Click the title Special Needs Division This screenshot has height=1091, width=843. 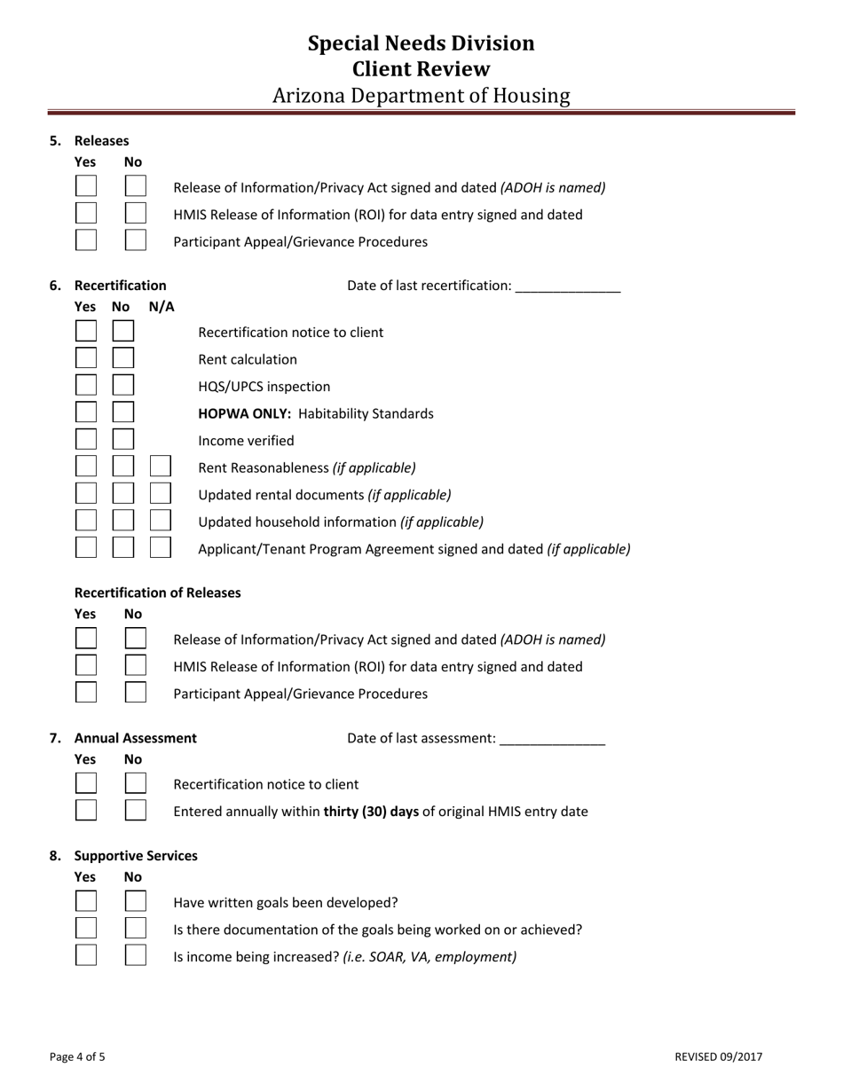(421, 43)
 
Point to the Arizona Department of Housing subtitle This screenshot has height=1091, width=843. (421, 96)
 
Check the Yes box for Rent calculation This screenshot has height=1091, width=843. (86, 359)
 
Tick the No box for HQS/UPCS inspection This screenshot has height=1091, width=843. (123, 386)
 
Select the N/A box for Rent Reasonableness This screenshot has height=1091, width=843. (161, 467)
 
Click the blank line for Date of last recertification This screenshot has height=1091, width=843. (567, 286)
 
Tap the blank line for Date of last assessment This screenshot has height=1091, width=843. (552, 739)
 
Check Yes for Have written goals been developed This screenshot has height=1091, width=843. (86, 902)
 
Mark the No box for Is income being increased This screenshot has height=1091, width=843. (136, 956)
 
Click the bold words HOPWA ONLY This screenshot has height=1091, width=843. (245, 413)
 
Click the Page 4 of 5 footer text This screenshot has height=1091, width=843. (77, 1056)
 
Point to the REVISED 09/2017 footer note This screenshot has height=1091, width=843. (718, 1056)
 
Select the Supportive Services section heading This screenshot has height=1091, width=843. (136, 856)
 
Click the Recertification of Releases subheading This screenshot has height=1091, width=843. (157, 593)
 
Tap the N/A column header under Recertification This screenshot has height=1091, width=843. (162, 307)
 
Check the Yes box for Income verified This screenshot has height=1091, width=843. (86, 440)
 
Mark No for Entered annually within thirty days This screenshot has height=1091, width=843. (136, 811)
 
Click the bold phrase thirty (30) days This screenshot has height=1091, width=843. (371, 811)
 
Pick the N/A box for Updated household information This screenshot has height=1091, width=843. (161, 521)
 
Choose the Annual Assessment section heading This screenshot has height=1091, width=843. (136, 738)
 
